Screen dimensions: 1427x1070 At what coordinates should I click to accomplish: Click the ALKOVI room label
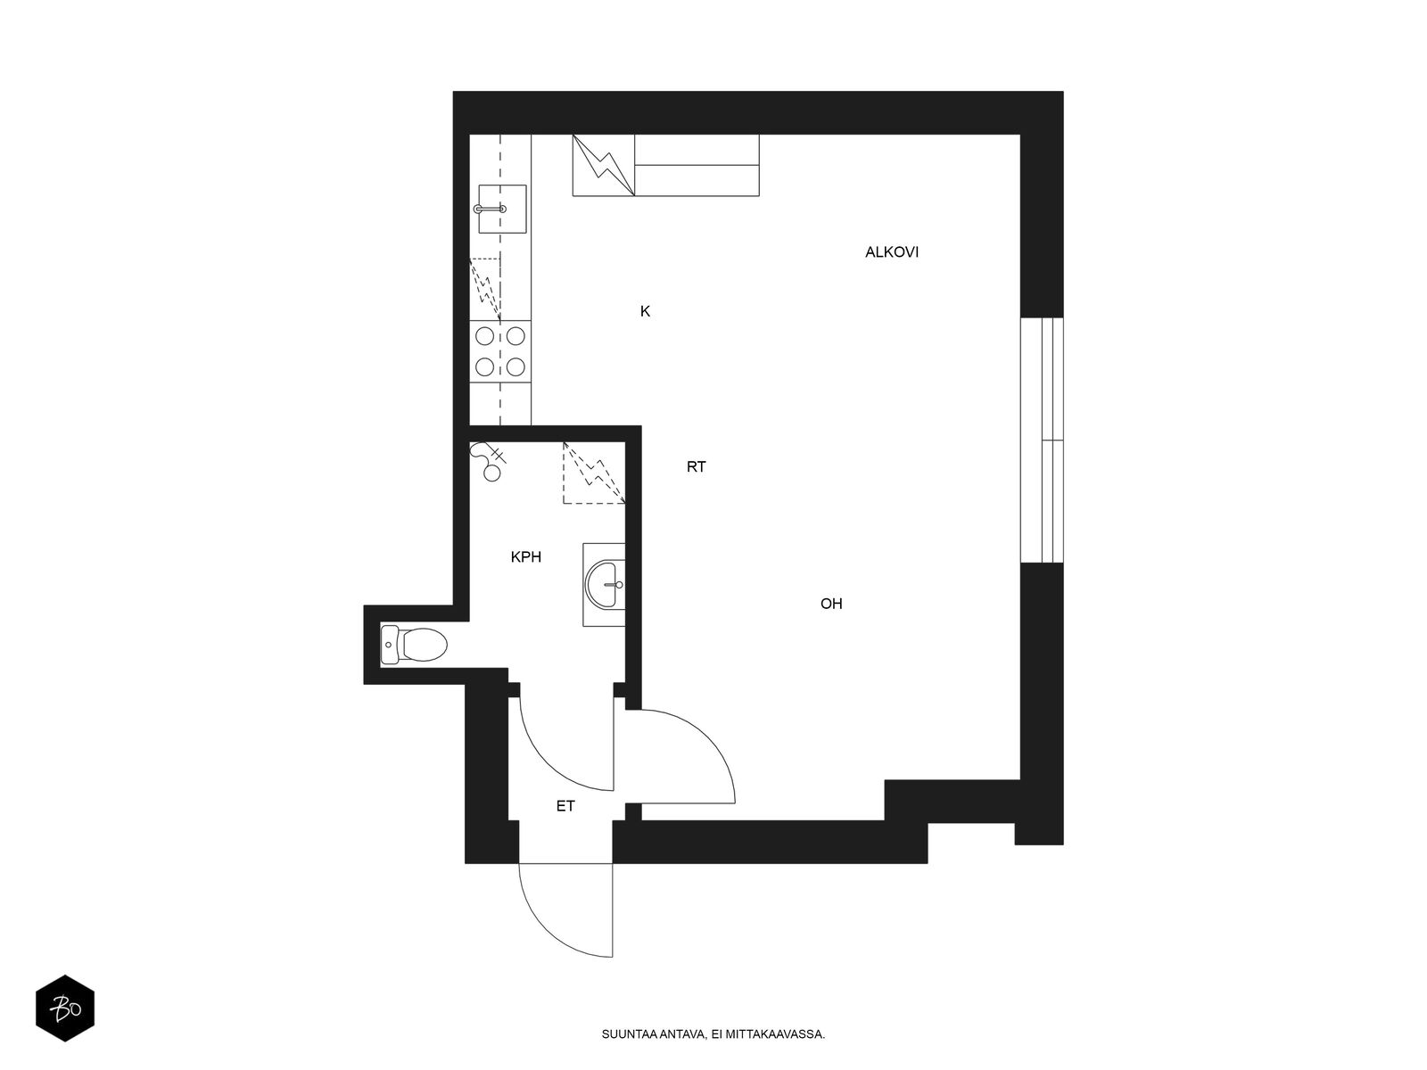(x=891, y=252)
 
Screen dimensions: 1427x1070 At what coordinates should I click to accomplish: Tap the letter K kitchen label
(x=645, y=311)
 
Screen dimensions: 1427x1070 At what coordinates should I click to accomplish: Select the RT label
(x=696, y=466)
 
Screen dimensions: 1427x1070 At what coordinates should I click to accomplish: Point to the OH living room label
(x=831, y=604)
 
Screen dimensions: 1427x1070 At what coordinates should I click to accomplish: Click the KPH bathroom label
(x=526, y=556)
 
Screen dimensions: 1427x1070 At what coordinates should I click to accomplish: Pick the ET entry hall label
(x=565, y=806)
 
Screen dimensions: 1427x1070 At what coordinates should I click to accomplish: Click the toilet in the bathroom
(x=414, y=645)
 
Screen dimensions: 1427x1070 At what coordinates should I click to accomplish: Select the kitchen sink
(x=502, y=209)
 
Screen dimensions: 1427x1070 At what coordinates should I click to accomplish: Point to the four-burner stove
(x=500, y=351)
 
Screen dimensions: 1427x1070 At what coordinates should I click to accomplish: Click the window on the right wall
(x=1042, y=440)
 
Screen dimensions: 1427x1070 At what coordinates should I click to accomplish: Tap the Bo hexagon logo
(x=65, y=1008)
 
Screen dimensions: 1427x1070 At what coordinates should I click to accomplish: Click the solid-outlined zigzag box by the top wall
(x=603, y=165)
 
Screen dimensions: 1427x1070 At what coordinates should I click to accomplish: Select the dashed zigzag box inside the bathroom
(x=594, y=473)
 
